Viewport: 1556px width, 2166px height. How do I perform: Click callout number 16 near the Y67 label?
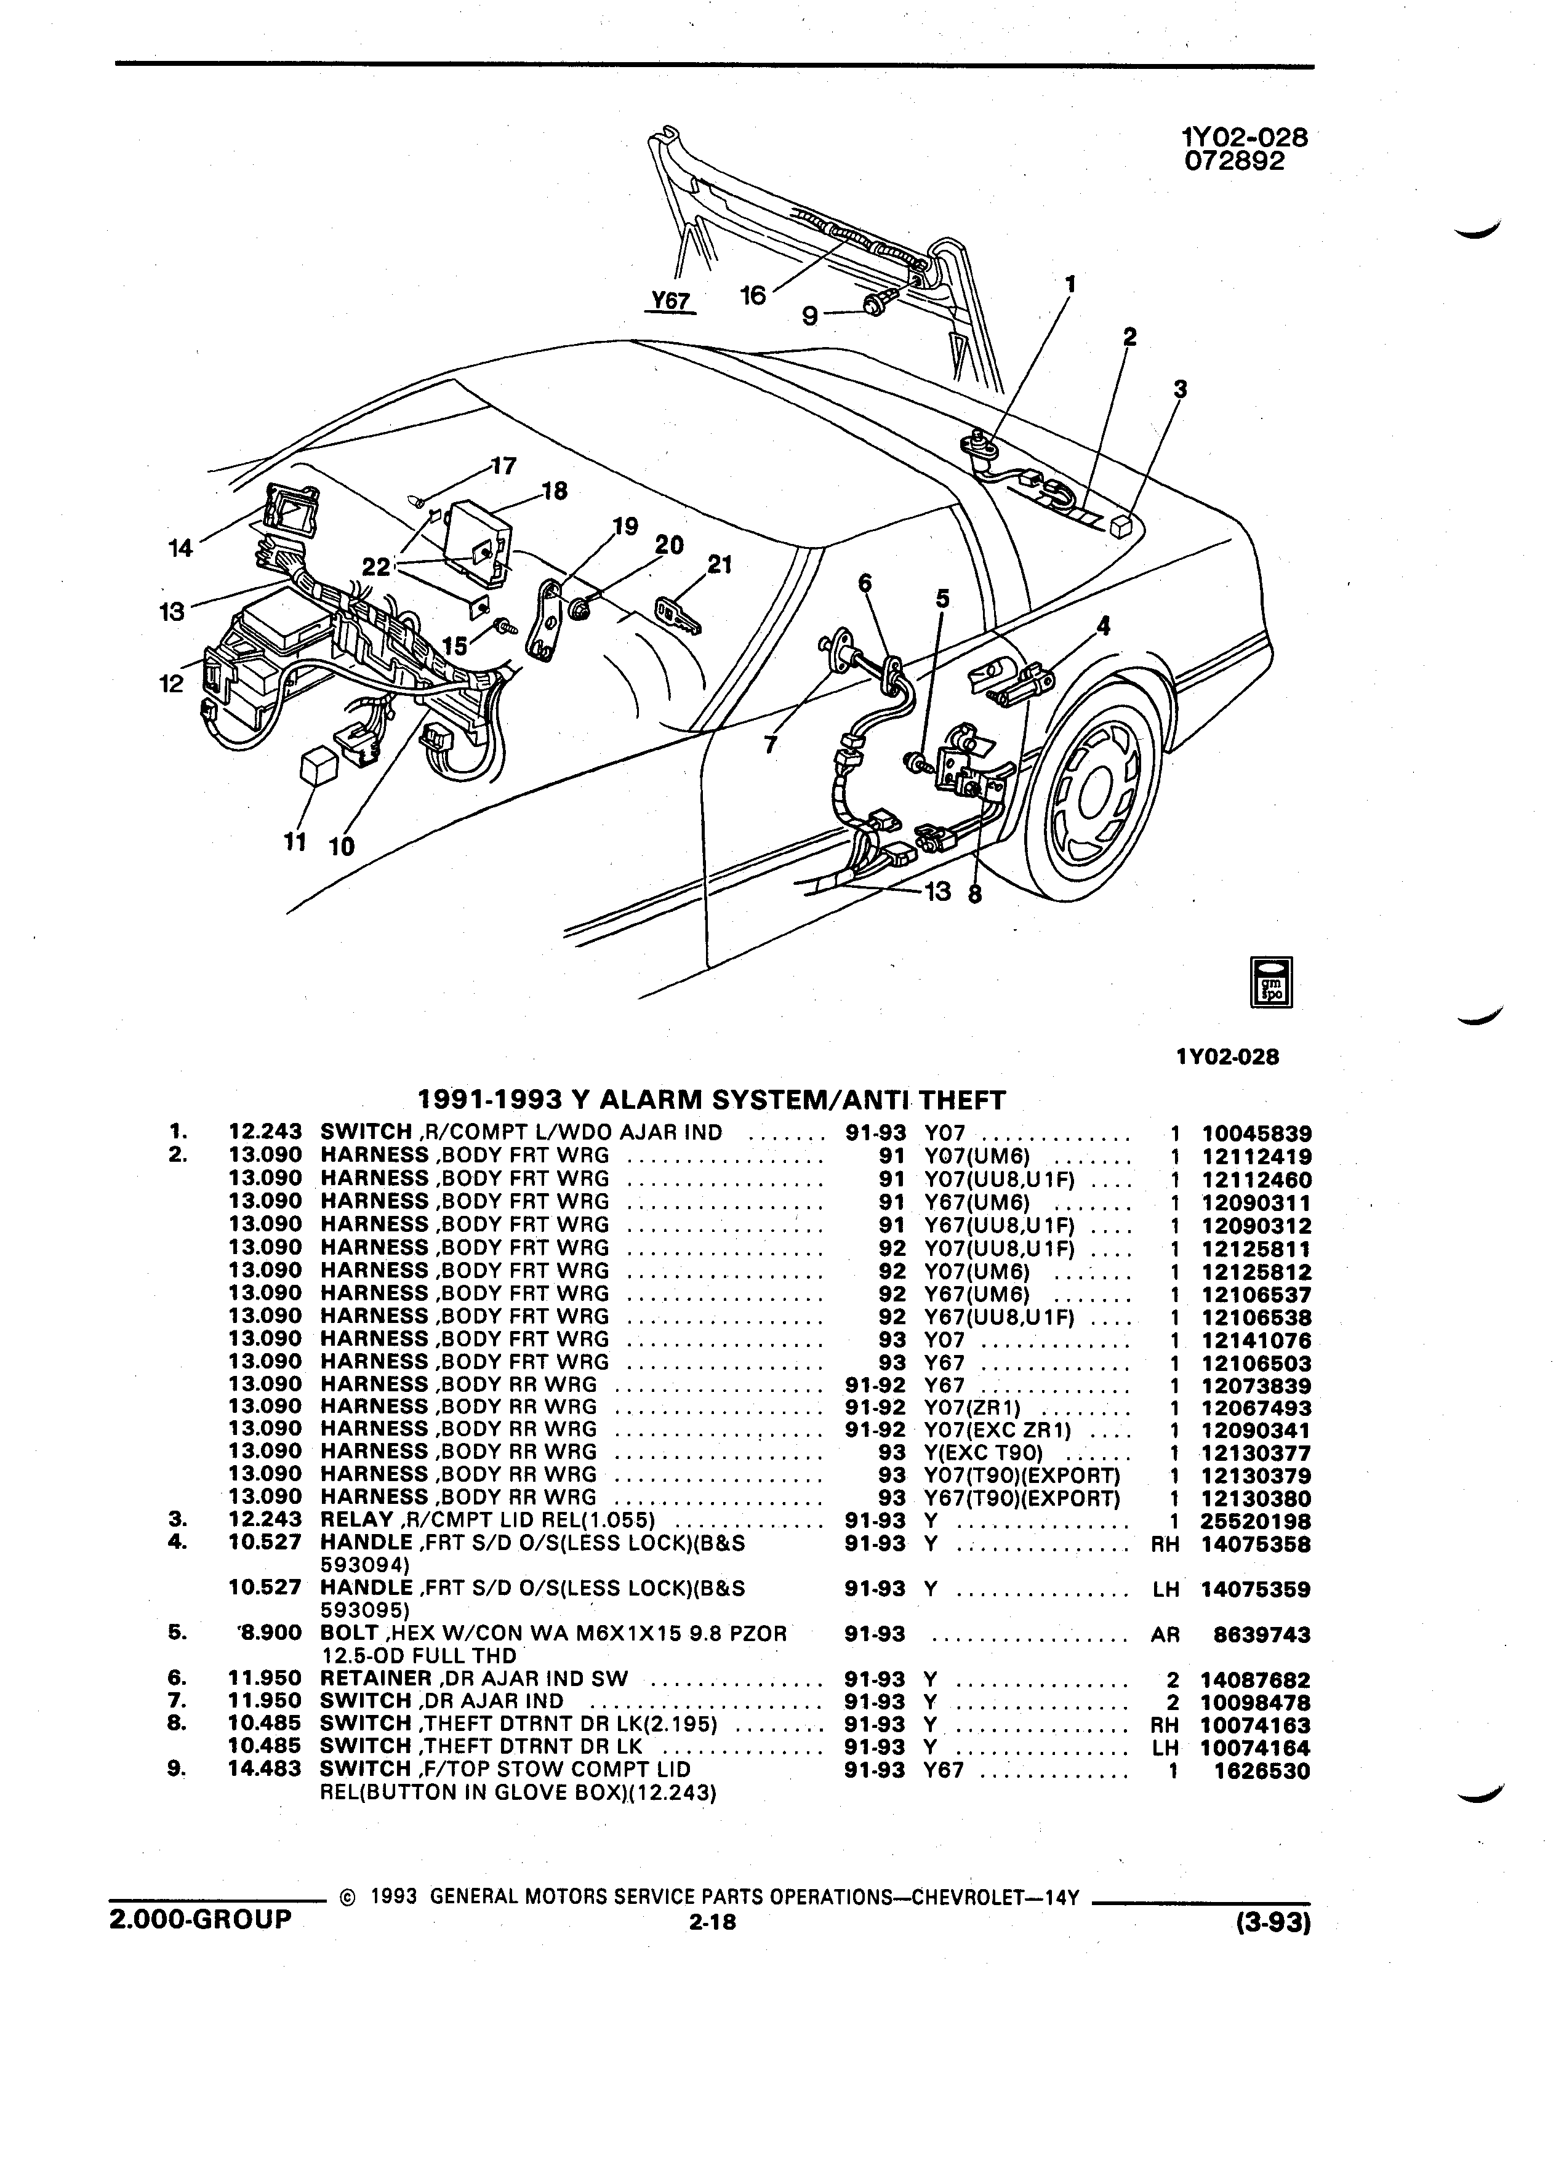click(753, 295)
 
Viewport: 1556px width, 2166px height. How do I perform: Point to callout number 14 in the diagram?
click(180, 548)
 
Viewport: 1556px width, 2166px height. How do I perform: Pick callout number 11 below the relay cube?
click(295, 841)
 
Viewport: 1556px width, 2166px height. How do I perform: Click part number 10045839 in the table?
click(1256, 1133)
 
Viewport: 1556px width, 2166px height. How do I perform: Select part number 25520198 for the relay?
click(1256, 1521)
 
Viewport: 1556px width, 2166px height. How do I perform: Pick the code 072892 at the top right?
click(1234, 161)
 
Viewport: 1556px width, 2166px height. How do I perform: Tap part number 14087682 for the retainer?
click(1256, 1680)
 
